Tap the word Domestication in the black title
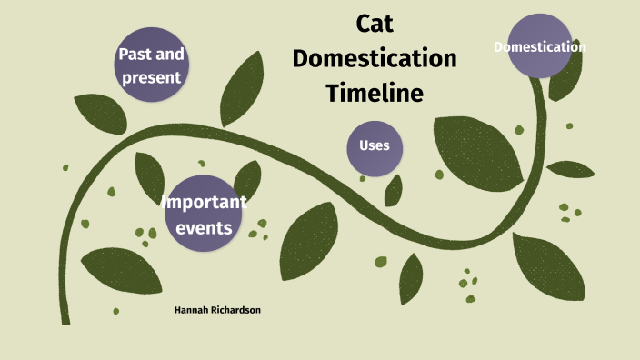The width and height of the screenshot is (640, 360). [x=374, y=59]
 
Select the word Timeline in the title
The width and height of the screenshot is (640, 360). [x=375, y=93]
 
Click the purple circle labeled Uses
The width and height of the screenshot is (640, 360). [x=375, y=146]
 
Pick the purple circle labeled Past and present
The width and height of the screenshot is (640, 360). [x=151, y=65]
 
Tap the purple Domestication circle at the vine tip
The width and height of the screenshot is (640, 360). [x=540, y=46]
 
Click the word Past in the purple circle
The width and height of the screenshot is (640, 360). [x=134, y=54]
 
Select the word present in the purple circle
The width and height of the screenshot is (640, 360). [x=151, y=76]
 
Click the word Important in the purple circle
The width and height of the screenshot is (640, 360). [x=204, y=202]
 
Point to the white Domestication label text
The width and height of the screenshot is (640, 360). [x=540, y=46]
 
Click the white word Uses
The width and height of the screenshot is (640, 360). [x=375, y=146]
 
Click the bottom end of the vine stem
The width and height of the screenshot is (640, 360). [x=65, y=318]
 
